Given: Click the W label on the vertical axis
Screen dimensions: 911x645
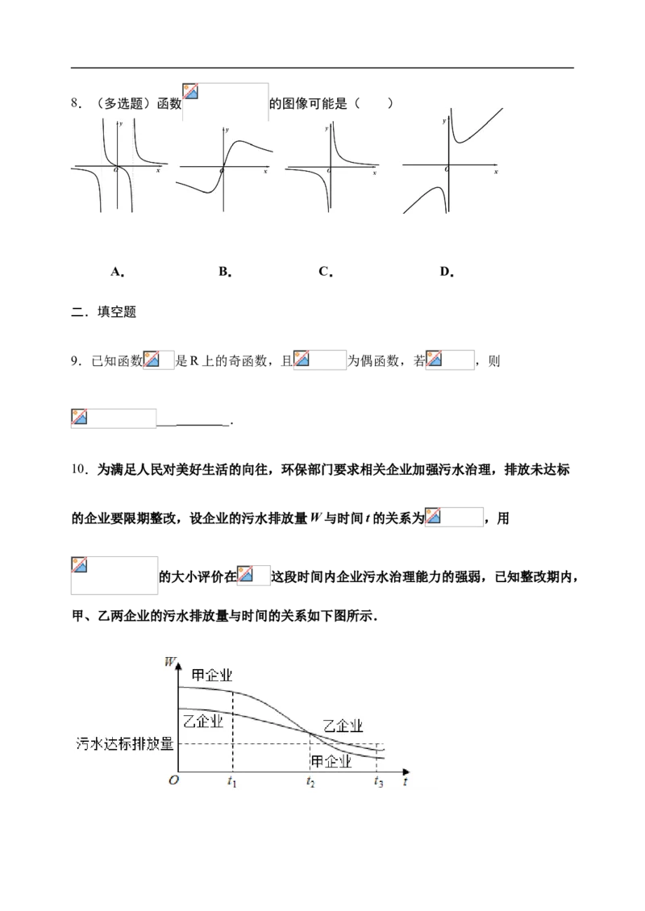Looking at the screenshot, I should (x=169, y=663).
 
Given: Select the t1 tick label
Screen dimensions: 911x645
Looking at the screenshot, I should (x=232, y=781).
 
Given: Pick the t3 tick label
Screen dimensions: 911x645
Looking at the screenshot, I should (x=378, y=781).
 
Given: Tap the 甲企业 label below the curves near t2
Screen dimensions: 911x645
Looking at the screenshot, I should (x=331, y=761).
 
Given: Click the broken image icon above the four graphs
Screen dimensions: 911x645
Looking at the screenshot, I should (x=191, y=92).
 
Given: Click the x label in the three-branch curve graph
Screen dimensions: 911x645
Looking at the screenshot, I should (x=158, y=171).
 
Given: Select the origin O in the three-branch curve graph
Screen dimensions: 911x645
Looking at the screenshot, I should (x=114, y=169).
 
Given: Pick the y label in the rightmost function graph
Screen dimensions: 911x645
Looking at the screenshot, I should (x=443, y=119).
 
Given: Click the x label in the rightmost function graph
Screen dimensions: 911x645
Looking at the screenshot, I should (x=496, y=172).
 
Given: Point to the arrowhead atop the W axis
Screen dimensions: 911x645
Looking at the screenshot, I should (x=178, y=659).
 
